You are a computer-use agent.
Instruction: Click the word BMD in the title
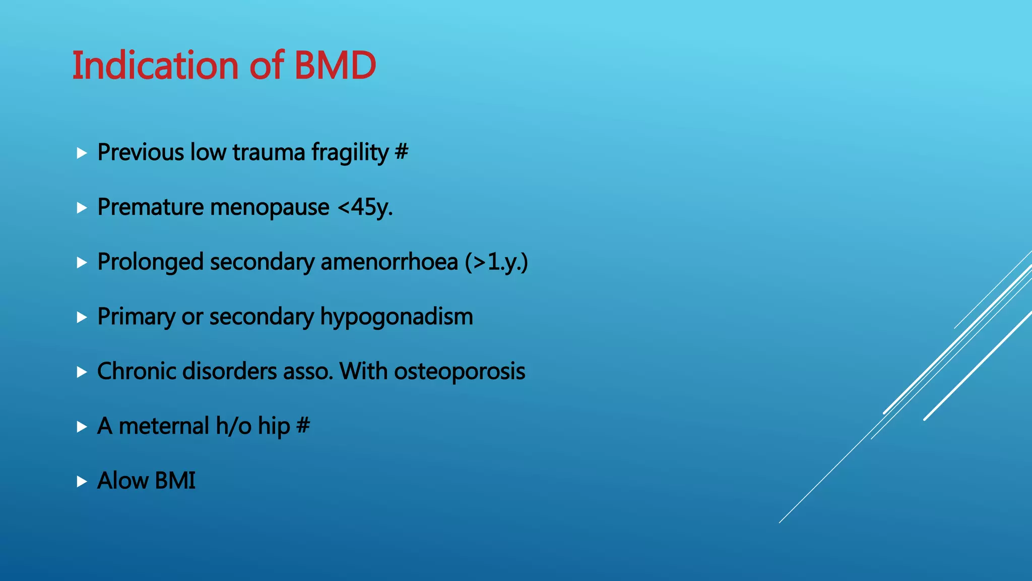pyautogui.click(x=335, y=66)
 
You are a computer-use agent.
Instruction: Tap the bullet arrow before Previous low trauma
pyautogui.click(x=82, y=153)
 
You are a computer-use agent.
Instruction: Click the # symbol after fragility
pyautogui.click(x=402, y=152)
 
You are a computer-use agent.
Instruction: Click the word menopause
pyautogui.click(x=270, y=208)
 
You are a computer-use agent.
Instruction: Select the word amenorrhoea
pyautogui.click(x=389, y=262)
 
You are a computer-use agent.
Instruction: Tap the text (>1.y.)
pyautogui.click(x=496, y=262)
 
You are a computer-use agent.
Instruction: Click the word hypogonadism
pyautogui.click(x=397, y=317)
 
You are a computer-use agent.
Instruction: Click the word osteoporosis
pyautogui.click(x=460, y=372)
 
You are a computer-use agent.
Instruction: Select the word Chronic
pyautogui.click(x=136, y=372)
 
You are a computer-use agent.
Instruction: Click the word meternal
pyautogui.click(x=164, y=426)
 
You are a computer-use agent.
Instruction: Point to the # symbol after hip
pyautogui.click(x=303, y=425)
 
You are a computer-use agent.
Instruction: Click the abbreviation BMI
pyautogui.click(x=175, y=481)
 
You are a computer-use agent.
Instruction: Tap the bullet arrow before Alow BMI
pyautogui.click(x=82, y=482)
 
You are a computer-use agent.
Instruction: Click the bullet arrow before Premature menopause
pyautogui.click(x=82, y=208)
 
